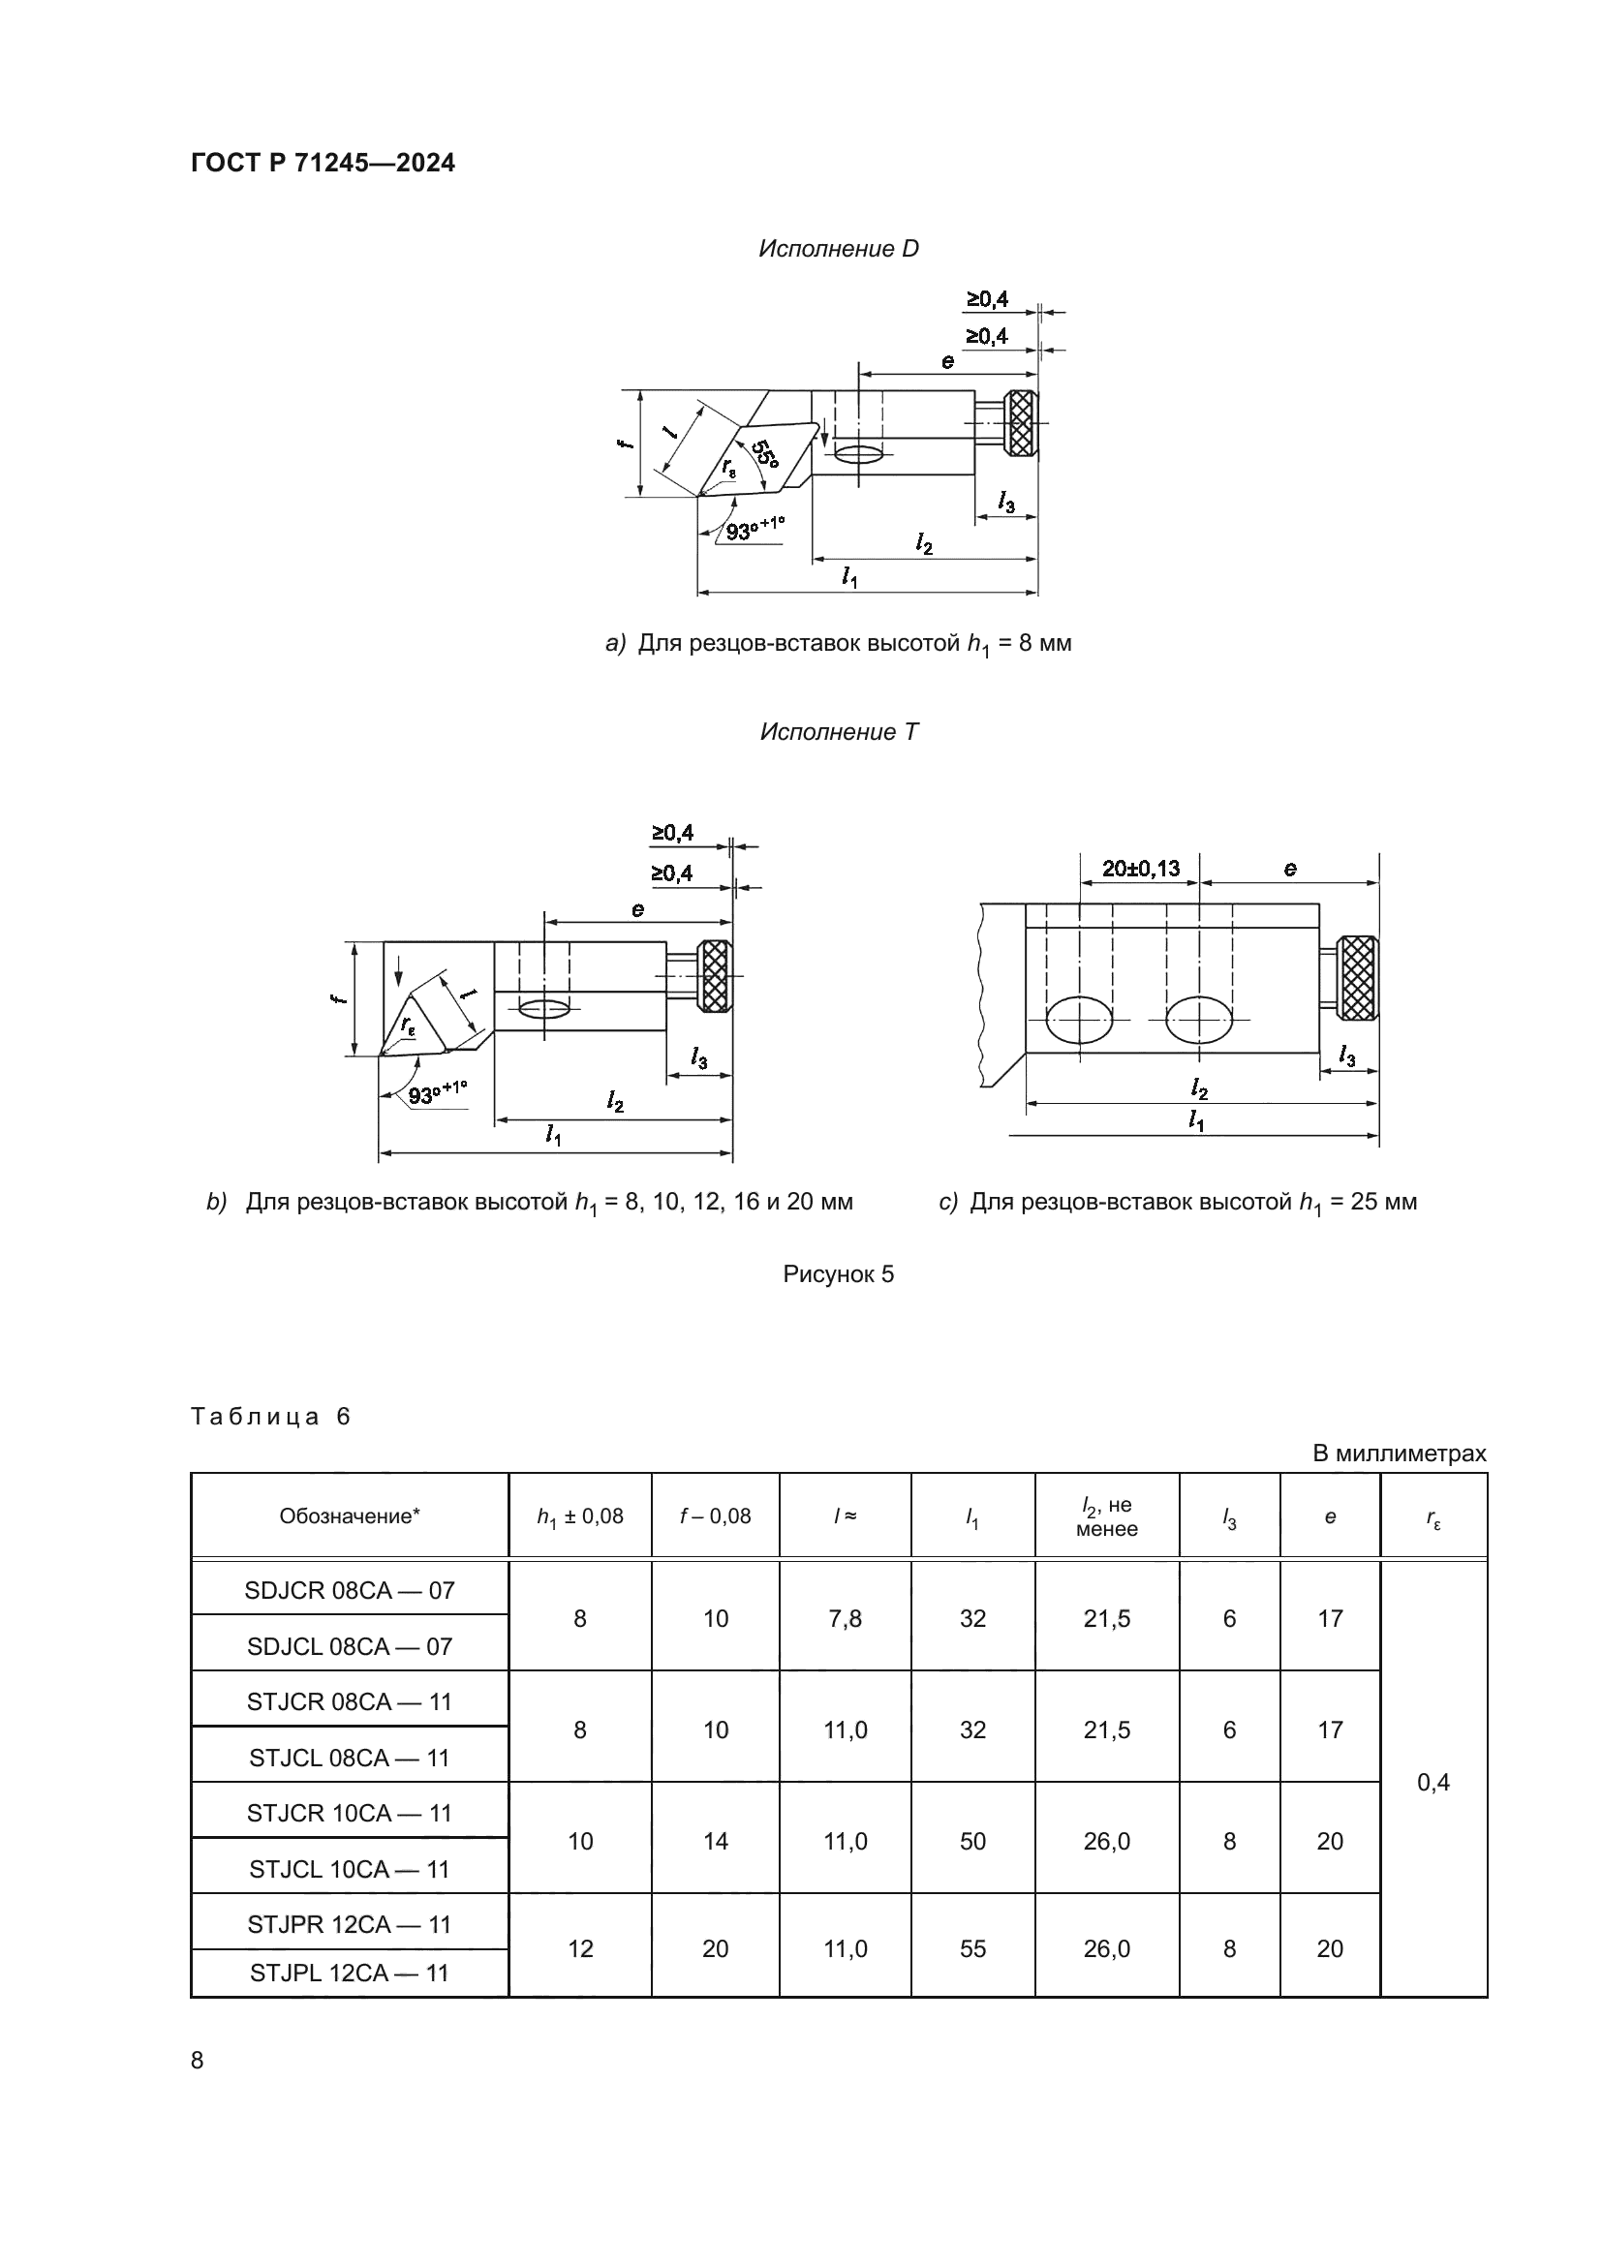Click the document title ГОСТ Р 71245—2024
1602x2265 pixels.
click(323, 164)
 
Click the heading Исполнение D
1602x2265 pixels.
click(838, 249)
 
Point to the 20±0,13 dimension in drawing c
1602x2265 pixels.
click(1140, 868)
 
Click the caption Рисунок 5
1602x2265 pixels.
click(839, 1273)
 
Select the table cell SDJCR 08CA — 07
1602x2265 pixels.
click(350, 1589)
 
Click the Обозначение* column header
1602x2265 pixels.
click(350, 1516)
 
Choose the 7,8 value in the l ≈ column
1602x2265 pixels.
click(846, 1618)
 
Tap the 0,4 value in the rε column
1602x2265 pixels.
click(1433, 1782)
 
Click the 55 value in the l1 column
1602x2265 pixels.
click(972, 1948)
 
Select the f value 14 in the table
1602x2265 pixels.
click(715, 1841)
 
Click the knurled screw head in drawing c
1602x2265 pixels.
click(1359, 976)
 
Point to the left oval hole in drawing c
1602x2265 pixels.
click(1080, 1018)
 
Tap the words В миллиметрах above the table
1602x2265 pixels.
click(1399, 1454)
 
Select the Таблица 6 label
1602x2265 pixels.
click(270, 1417)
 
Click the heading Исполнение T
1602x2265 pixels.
click(839, 732)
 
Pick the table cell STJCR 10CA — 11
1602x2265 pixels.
click(350, 1812)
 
